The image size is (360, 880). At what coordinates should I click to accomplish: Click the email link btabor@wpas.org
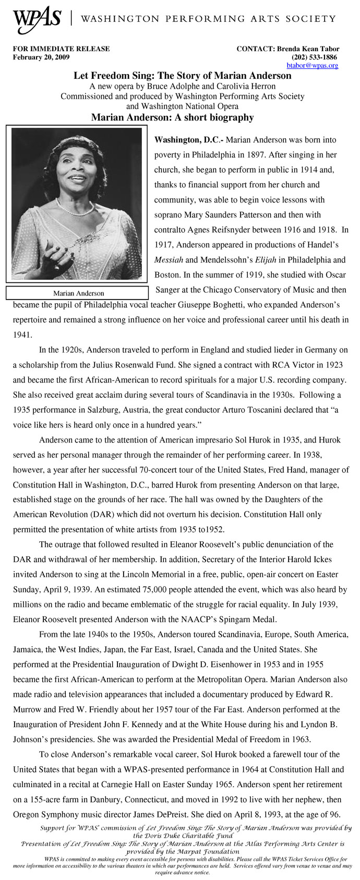point(312,66)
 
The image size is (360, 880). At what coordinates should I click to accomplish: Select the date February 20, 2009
point(41,57)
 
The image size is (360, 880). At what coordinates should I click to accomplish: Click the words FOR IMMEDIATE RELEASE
point(61,49)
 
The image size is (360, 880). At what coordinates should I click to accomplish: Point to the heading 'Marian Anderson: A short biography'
point(172,117)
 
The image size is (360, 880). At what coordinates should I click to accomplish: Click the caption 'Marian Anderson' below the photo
point(78,293)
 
